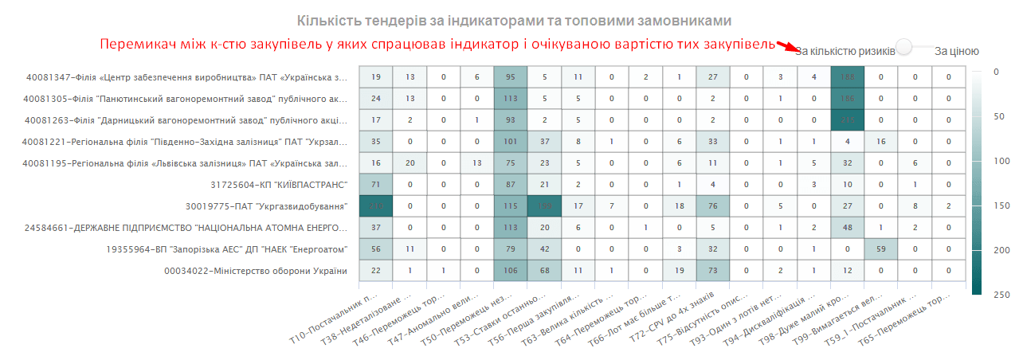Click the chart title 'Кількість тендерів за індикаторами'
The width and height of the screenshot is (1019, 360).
[x=513, y=20]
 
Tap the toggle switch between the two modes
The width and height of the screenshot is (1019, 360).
[x=913, y=48]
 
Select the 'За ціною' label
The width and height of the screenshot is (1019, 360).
[x=956, y=51]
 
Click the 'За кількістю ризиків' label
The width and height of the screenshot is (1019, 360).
[x=845, y=51]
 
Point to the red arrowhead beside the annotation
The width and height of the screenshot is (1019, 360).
[x=785, y=46]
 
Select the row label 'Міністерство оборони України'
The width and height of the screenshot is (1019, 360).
[x=256, y=272]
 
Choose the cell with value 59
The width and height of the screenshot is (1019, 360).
[x=880, y=249]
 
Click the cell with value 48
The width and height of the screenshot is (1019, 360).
[x=847, y=228]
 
